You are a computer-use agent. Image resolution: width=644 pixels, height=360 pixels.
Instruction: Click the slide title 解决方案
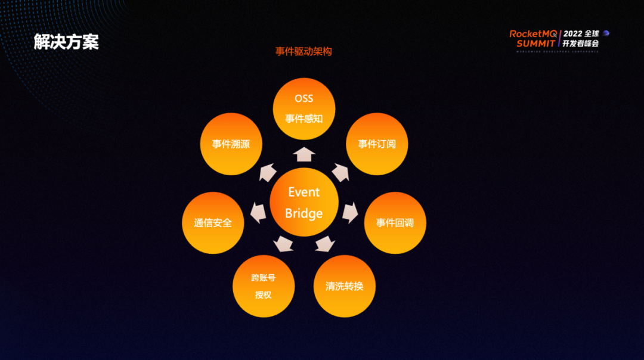(x=66, y=42)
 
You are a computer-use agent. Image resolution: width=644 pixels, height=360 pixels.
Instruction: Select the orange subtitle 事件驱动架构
(x=304, y=52)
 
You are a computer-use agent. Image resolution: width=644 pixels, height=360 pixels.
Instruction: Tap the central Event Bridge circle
(x=304, y=203)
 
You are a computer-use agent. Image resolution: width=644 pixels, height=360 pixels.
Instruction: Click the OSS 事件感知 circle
(x=304, y=108)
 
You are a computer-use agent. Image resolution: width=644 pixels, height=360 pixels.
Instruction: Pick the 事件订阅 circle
(x=377, y=144)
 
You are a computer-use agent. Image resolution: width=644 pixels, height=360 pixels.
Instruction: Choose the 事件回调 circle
(x=395, y=223)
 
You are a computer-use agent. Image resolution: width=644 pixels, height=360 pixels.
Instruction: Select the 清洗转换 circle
(x=344, y=286)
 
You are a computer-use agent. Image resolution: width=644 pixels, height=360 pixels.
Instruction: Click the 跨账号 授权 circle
(x=264, y=286)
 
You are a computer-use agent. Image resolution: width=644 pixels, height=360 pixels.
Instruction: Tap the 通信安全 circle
(x=213, y=223)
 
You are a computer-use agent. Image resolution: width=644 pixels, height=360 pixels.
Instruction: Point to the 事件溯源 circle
(x=231, y=144)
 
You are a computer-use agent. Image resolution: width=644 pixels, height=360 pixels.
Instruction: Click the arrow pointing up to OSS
(x=304, y=154)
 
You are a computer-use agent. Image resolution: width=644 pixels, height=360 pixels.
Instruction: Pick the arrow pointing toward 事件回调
(x=351, y=212)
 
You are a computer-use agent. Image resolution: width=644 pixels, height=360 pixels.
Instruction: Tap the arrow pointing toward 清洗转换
(x=325, y=243)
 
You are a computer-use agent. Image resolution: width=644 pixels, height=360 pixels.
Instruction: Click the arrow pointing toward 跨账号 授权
(x=283, y=243)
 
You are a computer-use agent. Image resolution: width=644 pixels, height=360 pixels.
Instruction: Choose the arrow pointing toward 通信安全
(x=258, y=212)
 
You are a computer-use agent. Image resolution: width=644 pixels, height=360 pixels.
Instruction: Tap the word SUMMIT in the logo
(x=536, y=44)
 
